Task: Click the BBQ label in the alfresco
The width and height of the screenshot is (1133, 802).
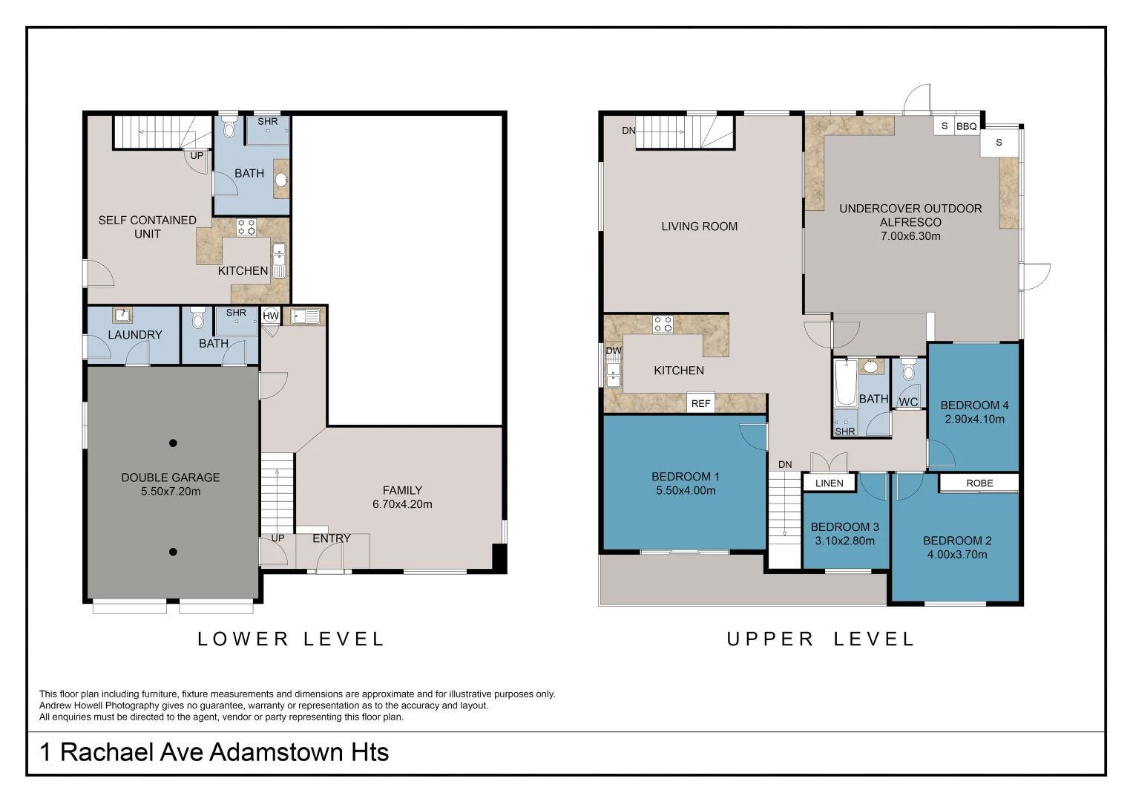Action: click(x=967, y=126)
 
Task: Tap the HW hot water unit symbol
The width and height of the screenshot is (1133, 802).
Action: click(x=271, y=316)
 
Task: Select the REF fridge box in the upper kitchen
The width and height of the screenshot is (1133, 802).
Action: click(x=700, y=403)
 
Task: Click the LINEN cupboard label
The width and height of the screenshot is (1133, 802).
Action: click(x=829, y=483)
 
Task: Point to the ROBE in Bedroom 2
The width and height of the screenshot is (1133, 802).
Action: click(x=979, y=483)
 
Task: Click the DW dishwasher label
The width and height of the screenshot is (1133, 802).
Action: click(x=614, y=351)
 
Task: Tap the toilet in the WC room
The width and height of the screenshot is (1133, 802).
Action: click(x=908, y=370)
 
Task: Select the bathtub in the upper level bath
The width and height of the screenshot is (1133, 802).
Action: click(x=846, y=383)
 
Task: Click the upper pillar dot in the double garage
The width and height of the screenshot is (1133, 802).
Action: click(x=173, y=443)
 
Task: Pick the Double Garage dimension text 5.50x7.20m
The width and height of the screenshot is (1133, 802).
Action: click(x=171, y=491)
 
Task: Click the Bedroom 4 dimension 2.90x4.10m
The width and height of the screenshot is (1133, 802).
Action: click(x=974, y=419)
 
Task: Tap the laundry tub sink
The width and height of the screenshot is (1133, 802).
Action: click(x=122, y=316)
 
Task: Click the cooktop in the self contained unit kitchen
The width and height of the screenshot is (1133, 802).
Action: click(x=246, y=227)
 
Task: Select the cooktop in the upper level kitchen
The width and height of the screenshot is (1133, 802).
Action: click(x=663, y=324)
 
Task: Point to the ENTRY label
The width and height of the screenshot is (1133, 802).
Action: click(x=332, y=538)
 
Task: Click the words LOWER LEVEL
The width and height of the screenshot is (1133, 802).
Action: click(x=291, y=639)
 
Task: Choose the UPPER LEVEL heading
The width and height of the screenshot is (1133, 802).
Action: click(x=821, y=639)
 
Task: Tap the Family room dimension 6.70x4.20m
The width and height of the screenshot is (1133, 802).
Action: click(x=402, y=504)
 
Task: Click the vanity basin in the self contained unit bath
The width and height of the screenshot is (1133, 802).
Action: click(x=281, y=179)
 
